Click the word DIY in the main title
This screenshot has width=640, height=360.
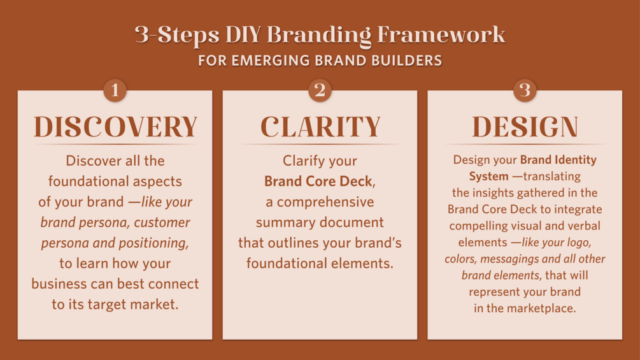click(x=243, y=34)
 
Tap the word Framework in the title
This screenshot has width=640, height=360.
click(x=441, y=34)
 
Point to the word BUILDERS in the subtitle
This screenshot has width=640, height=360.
click(x=406, y=61)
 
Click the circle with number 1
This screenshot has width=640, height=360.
click(x=115, y=90)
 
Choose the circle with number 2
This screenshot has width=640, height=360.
click(x=320, y=90)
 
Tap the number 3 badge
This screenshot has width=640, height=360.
click(x=525, y=90)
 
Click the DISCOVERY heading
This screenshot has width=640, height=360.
click(x=115, y=127)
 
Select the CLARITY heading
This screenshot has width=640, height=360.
click(x=320, y=127)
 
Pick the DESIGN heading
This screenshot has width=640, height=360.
click(x=525, y=127)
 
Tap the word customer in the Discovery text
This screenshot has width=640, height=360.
click(x=162, y=222)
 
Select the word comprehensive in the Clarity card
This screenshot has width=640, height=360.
click(x=325, y=202)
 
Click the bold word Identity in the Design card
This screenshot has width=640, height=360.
click(x=576, y=159)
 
